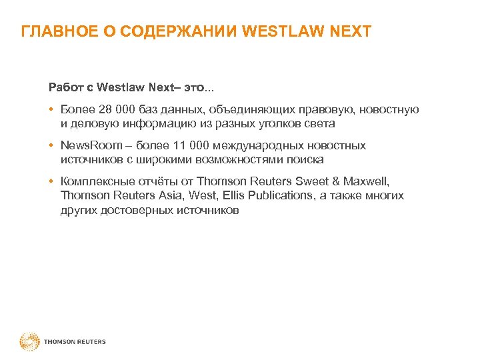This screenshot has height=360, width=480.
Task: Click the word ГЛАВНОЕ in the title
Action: tap(53, 31)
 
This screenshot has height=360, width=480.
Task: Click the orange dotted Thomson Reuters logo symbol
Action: tap(29, 341)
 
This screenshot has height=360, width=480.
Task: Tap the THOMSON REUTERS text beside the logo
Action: tap(75, 342)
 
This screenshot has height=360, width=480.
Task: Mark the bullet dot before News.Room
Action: tap(51, 145)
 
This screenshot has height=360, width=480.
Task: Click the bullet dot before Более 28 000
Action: tap(51, 110)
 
